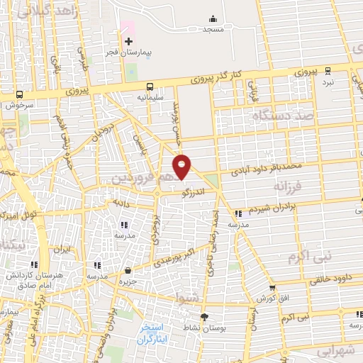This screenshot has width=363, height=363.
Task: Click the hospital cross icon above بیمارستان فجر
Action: click(128, 42)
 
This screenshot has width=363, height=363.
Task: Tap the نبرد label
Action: click(327, 82)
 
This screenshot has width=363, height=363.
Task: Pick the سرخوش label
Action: click(19, 104)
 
